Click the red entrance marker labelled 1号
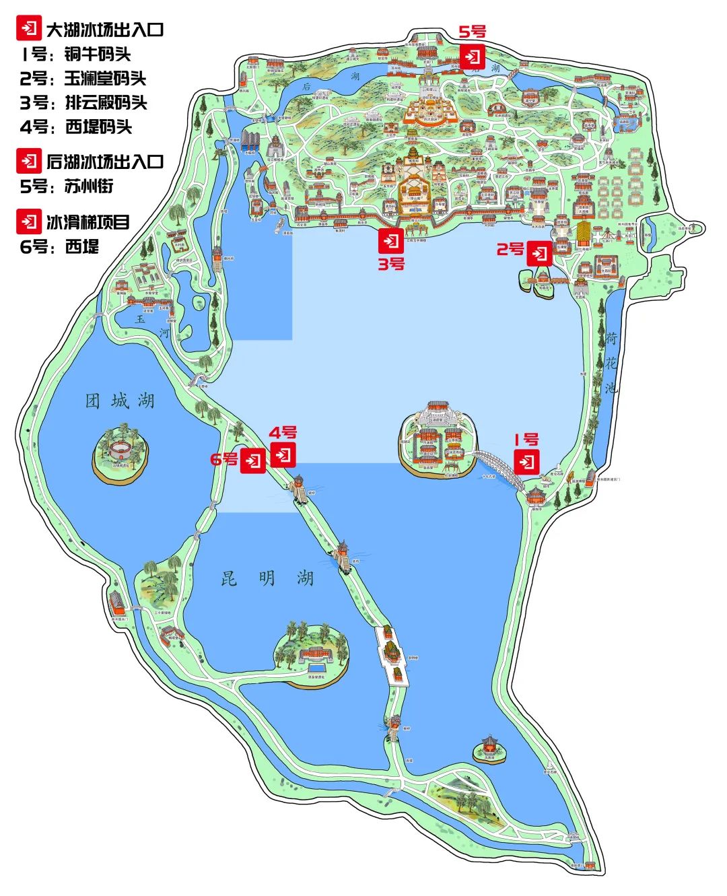(527, 462)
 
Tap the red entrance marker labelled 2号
(539, 253)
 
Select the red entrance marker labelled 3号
(391, 240)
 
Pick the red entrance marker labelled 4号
(283, 454)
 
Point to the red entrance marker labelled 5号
(473, 55)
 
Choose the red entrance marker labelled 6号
(253, 461)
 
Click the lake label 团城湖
(120, 402)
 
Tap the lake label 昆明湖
(267, 578)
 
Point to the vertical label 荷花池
(611, 363)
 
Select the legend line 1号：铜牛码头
(75, 55)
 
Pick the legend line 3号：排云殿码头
(83, 103)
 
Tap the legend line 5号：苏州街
(67, 186)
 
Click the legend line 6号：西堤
(59, 246)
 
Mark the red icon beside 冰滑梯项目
(28, 221)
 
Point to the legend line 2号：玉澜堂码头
(83, 79)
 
